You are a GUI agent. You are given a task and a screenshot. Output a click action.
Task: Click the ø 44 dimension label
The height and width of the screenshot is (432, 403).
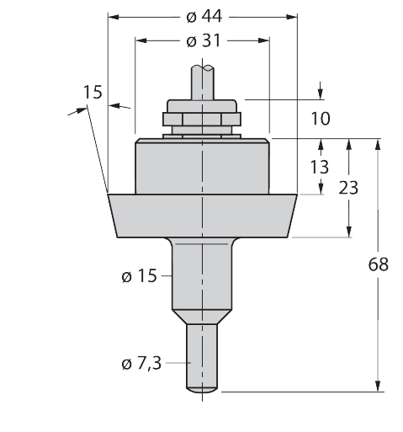(x=203, y=17)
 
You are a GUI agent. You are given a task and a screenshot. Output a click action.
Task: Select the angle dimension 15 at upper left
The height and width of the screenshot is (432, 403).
(x=93, y=92)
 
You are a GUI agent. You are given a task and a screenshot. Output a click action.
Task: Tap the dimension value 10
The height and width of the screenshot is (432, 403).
(x=321, y=119)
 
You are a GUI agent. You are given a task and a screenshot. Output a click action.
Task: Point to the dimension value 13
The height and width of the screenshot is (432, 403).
(x=320, y=166)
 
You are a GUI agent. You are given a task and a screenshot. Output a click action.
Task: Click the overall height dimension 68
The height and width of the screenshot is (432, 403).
(x=379, y=264)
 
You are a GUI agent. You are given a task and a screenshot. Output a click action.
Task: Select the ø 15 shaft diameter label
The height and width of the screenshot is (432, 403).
(x=139, y=276)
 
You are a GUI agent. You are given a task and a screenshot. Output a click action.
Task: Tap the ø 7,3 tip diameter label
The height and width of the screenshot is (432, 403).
(x=141, y=363)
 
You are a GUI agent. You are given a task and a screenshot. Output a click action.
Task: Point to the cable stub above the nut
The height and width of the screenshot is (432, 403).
(x=203, y=82)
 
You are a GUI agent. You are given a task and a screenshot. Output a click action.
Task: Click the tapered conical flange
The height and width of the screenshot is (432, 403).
(x=203, y=216)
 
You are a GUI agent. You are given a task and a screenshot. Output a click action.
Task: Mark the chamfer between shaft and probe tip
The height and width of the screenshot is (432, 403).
(x=203, y=317)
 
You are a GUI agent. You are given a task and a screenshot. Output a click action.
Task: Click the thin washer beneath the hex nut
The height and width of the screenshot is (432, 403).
(x=203, y=131)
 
